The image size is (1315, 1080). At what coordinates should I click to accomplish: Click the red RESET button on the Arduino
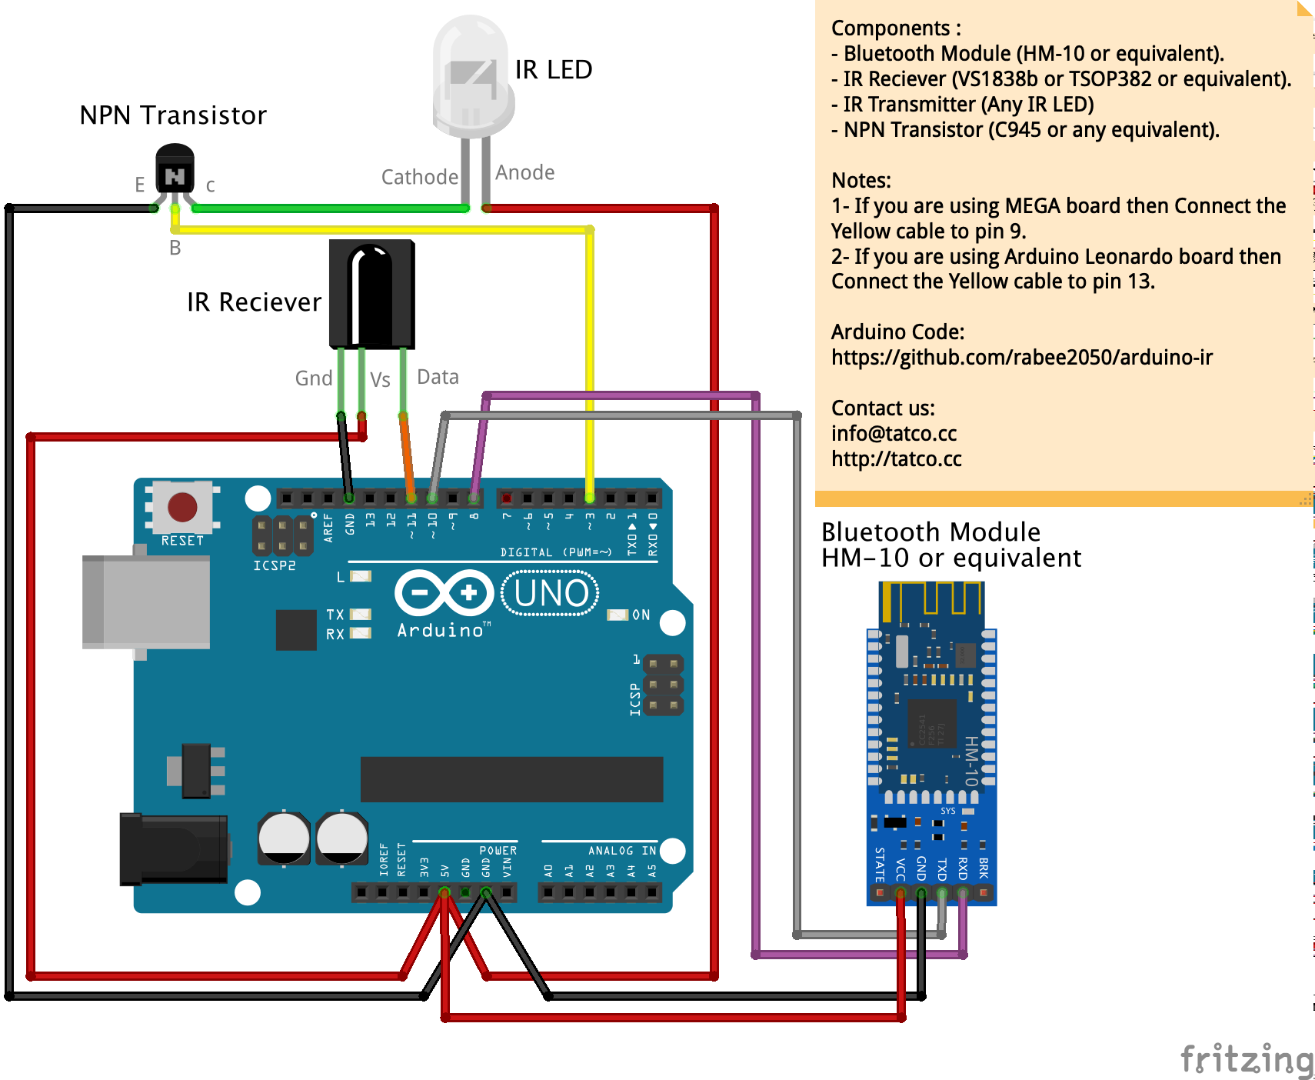(182, 507)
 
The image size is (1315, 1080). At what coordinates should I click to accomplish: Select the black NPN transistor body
(175, 170)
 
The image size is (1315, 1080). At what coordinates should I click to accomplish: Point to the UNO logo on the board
(550, 593)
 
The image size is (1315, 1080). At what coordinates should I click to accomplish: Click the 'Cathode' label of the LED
(419, 177)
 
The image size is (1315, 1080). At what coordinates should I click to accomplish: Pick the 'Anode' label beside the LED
(524, 172)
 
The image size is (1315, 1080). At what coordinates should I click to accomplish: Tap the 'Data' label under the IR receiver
(438, 377)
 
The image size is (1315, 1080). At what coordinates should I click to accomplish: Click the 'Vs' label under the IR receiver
(380, 380)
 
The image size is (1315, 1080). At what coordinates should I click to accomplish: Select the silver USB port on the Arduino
(146, 602)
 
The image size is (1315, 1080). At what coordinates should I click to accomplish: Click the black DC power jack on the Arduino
(174, 849)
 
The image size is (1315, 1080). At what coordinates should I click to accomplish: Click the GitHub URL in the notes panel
(1021, 358)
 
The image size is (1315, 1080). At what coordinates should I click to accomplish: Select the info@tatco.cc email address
(894, 434)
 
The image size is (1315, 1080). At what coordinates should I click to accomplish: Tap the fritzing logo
(1247, 1059)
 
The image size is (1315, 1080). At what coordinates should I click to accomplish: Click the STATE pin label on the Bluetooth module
(880, 865)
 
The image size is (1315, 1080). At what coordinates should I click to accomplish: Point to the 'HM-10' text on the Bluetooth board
(971, 761)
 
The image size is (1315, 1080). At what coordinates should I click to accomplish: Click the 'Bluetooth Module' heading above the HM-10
(930, 532)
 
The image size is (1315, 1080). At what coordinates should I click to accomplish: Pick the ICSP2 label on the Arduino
(275, 565)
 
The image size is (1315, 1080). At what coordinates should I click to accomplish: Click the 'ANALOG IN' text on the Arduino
(621, 851)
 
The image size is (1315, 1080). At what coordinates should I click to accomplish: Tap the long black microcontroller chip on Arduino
(511, 779)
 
